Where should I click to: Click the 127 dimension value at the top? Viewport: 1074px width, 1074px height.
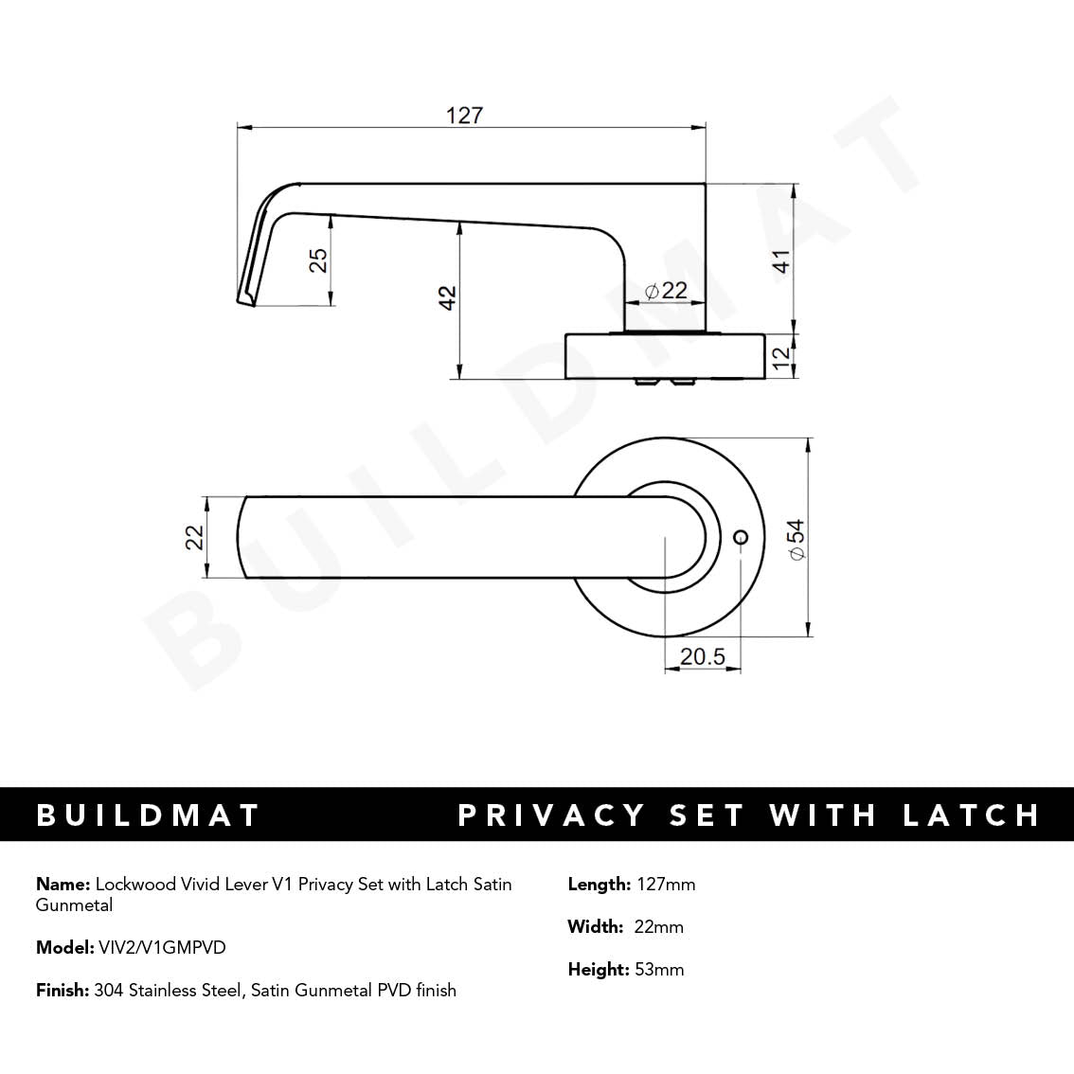click(464, 116)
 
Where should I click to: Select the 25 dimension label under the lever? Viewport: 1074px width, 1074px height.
click(319, 260)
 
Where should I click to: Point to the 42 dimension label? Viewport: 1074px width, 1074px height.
click(448, 297)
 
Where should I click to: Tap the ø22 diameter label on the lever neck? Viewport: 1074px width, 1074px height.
click(666, 291)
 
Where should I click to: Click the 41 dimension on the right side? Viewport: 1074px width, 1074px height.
click(781, 260)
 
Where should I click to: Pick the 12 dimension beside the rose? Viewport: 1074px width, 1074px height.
click(781, 357)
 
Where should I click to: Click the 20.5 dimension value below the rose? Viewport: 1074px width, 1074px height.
click(702, 656)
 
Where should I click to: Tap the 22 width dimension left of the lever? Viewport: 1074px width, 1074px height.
click(195, 537)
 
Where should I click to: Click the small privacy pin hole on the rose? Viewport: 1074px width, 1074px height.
click(741, 537)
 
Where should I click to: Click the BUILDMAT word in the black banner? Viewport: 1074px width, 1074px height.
click(148, 815)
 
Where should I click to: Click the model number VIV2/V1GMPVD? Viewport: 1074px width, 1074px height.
click(162, 947)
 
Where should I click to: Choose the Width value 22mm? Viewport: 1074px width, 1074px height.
click(658, 927)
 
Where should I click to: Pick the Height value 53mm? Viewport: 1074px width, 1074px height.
click(658, 970)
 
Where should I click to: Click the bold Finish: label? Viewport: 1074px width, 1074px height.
click(63, 991)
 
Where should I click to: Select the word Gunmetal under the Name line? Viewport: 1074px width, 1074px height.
click(74, 905)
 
